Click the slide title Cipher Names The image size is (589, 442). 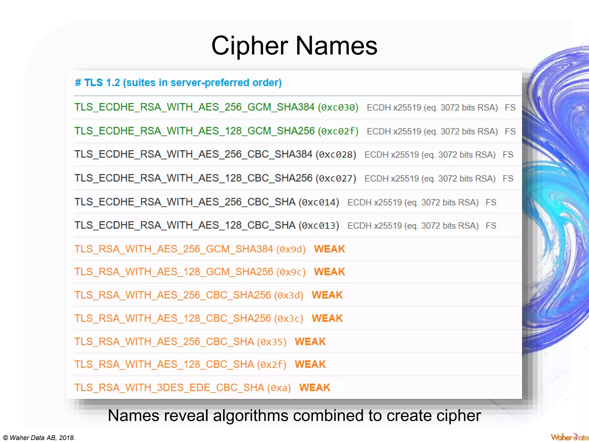tap(294, 46)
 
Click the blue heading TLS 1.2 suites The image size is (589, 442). tap(178, 83)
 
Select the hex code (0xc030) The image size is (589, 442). tap(338, 107)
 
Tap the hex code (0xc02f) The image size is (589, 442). tap(338, 131)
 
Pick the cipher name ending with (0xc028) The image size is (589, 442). tap(193, 155)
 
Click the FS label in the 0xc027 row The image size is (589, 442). tap(508, 178)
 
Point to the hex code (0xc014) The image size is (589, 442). tap(319, 202)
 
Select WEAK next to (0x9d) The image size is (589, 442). tap(329, 249)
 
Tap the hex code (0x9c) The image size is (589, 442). tap(291, 272)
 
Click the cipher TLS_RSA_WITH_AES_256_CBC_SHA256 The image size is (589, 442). tap(173, 295)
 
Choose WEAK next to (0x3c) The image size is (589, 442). tap(327, 318)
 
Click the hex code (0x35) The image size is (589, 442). tap(272, 342)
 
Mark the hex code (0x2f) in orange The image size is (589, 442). tap(272, 365)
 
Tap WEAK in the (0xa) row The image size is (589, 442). tap(315, 388)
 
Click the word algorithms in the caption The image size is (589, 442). tap(248, 416)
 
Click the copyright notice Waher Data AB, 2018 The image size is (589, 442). tap(39, 438)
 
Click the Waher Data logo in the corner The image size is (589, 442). tap(569, 437)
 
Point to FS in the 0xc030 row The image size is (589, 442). tap(510, 107)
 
